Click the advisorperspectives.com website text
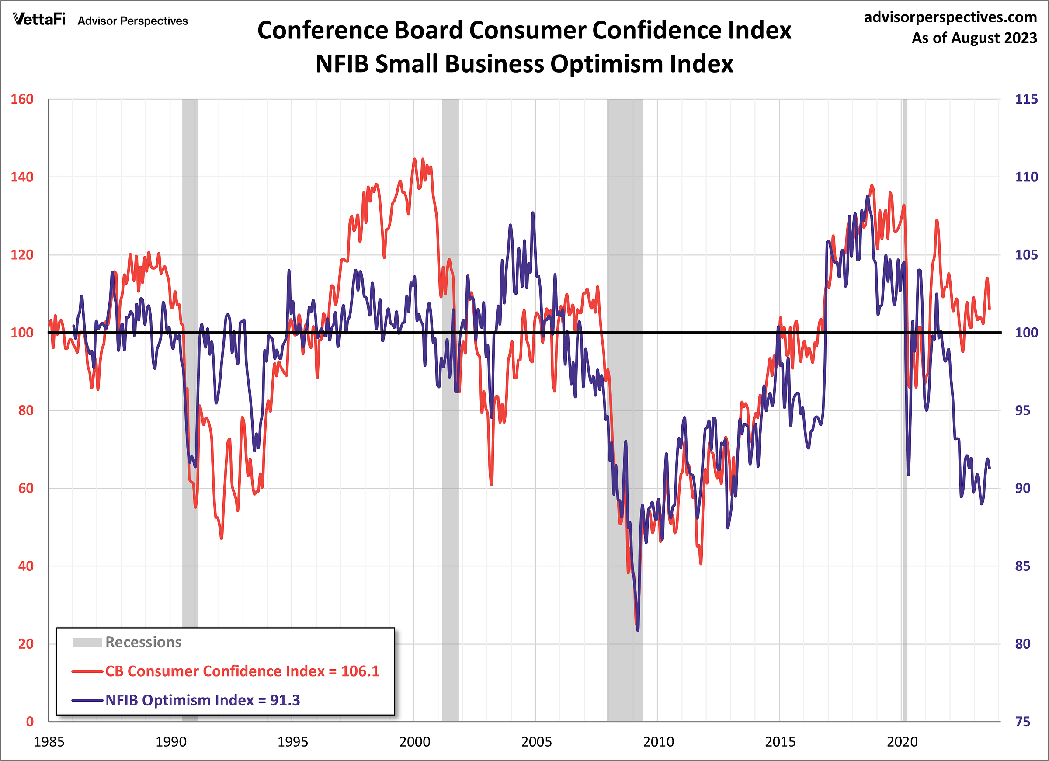tap(950, 17)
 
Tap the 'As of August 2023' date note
tap(974, 38)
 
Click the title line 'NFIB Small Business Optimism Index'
tap(524, 64)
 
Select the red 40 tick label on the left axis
tap(26, 566)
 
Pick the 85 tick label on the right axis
tap(1022, 566)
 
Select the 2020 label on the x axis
tap(901, 742)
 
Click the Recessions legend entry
tap(143, 642)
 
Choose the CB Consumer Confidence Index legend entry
tap(242, 671)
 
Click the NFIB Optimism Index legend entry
tap(202, 700)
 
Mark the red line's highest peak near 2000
tap(414, 159)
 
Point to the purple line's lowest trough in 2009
tap(638, 630)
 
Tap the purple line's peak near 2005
tap(533, 213)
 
